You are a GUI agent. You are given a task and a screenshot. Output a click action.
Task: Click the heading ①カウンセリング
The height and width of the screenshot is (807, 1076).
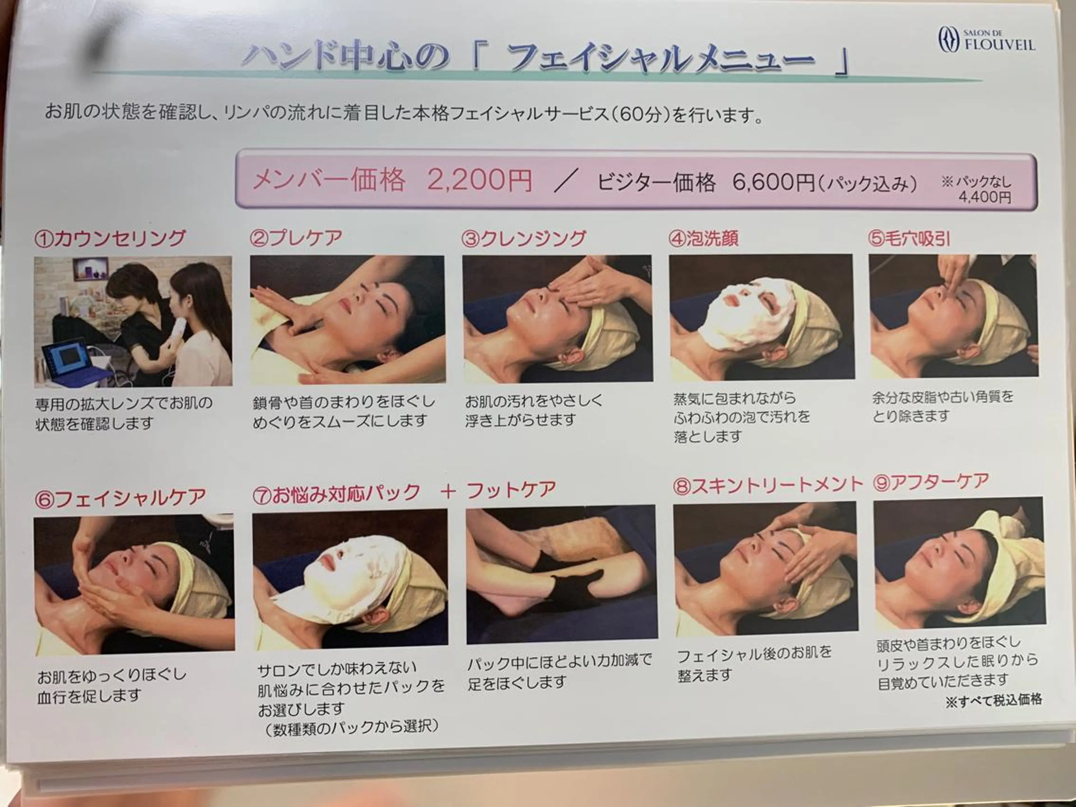pos(110,239)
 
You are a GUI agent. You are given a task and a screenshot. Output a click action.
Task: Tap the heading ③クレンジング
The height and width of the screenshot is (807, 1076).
pos(524,239)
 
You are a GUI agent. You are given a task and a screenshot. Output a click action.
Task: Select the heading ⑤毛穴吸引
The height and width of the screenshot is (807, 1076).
pos(909,239)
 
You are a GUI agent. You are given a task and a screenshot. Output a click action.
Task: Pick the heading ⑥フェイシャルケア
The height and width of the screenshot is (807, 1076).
pos(121,498)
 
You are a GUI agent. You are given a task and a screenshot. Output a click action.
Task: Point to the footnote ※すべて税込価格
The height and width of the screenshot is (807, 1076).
pos(993,701)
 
